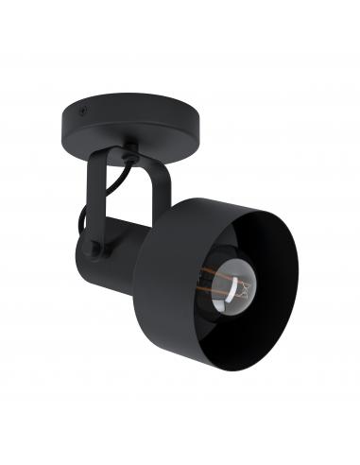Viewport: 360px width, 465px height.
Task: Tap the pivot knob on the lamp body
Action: [94, 248]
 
